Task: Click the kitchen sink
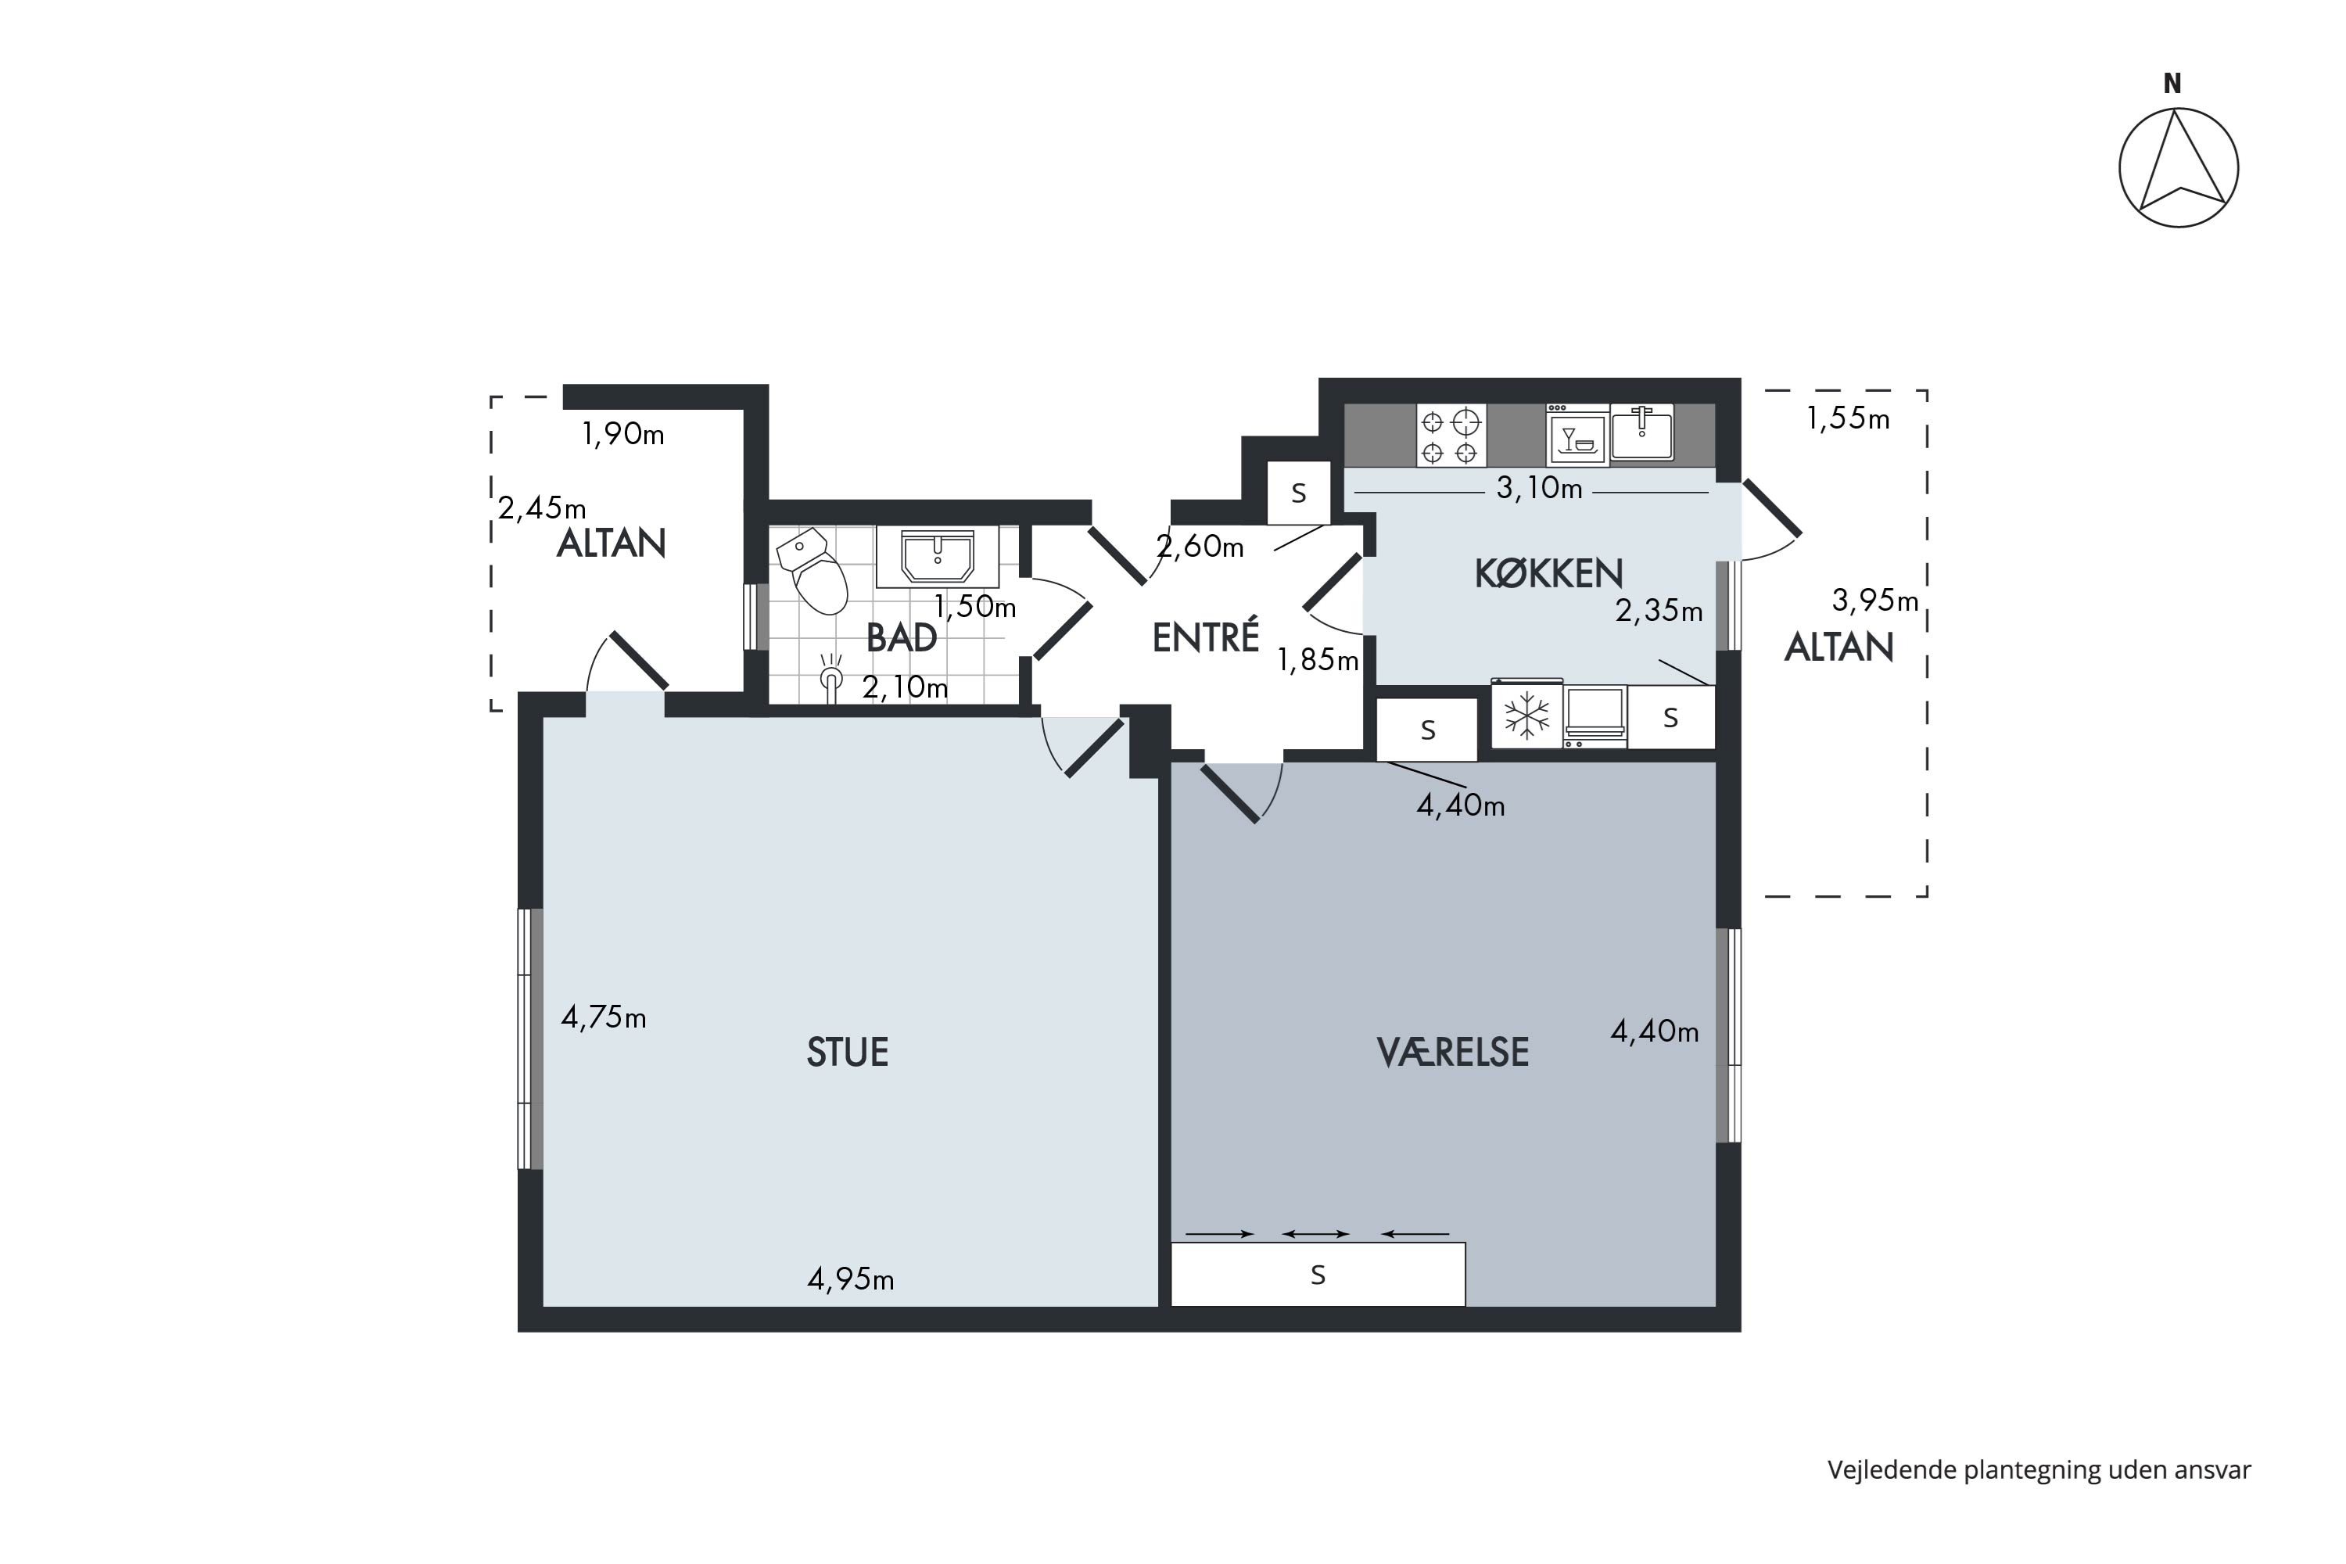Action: (x=1641, y=433)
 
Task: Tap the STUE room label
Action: (x=847, y=1053)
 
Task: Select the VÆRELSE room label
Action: (x=1452, y=1053)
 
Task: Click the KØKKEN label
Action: (x=1548, y=572)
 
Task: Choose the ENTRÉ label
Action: (x=1205, y=637)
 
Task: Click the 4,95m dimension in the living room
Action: (x=850, y=1279)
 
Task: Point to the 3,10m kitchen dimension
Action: (x=1539, y=489)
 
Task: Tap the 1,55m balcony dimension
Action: (x=1847, y=419)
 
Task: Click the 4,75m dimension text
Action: (x=604, y=1017)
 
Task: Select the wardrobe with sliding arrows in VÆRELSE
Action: (x=1318, y=1274)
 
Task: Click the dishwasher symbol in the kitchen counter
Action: (x=1577, y=435)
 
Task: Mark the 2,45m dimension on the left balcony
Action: (x=542, y=509)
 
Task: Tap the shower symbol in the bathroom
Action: (x=830, y=677)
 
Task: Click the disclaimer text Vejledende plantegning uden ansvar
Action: (x=2039, y=1470)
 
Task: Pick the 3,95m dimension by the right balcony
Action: (x=1875, y=601)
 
